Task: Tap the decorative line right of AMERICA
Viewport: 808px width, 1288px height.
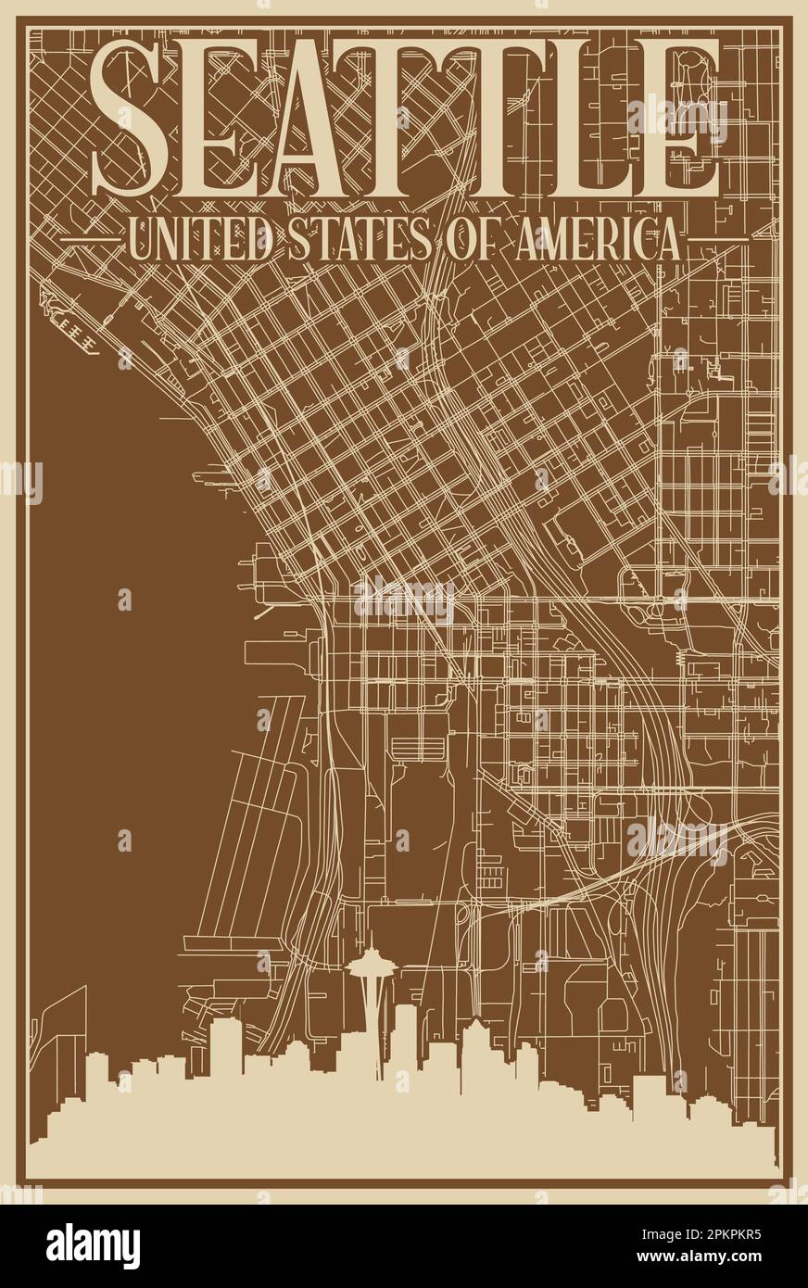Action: click(718, 240)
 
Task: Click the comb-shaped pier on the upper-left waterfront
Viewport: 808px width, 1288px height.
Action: click(74, 321)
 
